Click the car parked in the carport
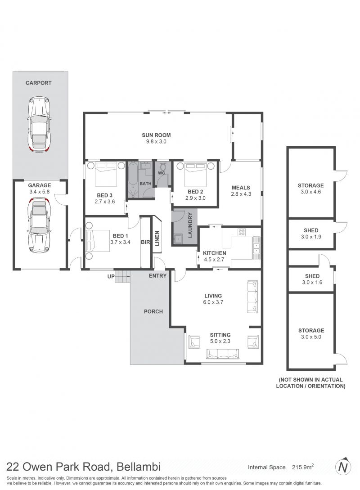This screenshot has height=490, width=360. [x=40, y=124]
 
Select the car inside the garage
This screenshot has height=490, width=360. [x=40, y=225]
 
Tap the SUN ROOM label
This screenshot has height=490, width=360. [x=156, y=135]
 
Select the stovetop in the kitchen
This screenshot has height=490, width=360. [x=242, y=232]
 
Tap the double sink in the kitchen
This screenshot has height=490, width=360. [x=256, y=248]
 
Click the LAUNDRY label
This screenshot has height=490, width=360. [x=190, y=225]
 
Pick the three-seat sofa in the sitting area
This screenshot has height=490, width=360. [x=222, y=354]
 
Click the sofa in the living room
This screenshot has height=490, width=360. [x=253, y=296]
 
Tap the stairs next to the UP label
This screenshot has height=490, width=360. [x=122, y=276]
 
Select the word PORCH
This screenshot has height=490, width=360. [x=153, y=311]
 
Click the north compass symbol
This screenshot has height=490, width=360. [x=343, y=467]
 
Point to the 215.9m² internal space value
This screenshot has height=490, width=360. [x=302, y=467]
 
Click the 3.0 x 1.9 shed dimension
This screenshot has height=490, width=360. [x=311, y=237]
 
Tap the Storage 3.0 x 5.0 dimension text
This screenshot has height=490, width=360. [x=311, y=337]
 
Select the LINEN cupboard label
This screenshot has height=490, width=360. [x=157, y=238]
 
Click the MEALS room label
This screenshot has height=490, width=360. [x=241, y=188]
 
